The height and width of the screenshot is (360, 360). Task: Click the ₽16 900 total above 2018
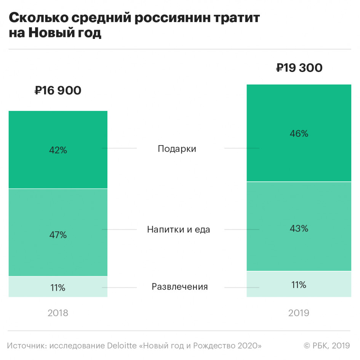[58, 91]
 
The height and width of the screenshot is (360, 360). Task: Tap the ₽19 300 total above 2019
[299, 68]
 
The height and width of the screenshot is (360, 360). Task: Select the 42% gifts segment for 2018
[58, 150]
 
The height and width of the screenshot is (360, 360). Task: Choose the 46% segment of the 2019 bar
[299, 134]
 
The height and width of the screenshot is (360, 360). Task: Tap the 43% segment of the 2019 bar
[299, 229]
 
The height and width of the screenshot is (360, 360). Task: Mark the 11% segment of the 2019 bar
[299, 285]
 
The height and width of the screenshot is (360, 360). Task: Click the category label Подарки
[177, 149]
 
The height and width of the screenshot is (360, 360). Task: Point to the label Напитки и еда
[178, 230]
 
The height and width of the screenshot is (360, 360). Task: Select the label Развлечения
[180, 286]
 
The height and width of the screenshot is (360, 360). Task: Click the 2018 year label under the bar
[58, 313]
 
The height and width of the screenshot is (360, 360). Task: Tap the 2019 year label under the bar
[299, 313]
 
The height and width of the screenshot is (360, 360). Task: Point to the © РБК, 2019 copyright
[326, 346]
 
